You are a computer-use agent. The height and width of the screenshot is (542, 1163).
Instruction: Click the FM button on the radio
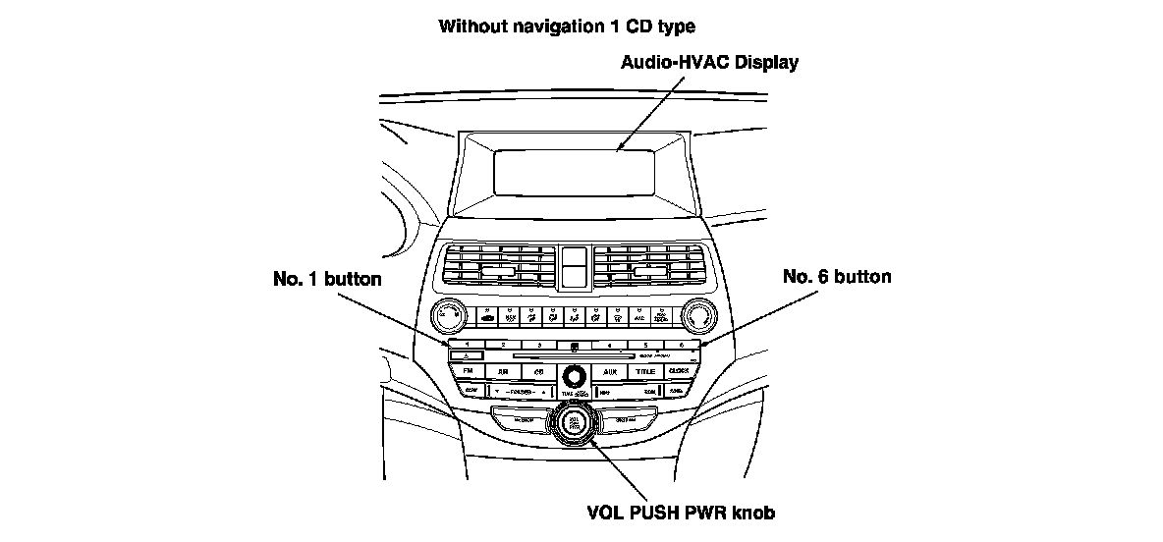(x=467, y=372)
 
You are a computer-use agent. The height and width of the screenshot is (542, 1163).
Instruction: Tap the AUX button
(x=609, y=372)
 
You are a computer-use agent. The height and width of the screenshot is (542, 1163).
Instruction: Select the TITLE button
(x=644, y=372)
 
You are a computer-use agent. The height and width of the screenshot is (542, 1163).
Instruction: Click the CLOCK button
(x=679, y=372)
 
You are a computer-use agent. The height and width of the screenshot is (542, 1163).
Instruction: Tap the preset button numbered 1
(x=467, y=346)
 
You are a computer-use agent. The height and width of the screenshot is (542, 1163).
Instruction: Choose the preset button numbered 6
(x=680, y=346)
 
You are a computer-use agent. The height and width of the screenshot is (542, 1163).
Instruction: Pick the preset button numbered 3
(x=538, y=346)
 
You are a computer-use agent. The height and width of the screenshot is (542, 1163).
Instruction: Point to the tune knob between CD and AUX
(x=574, y=374)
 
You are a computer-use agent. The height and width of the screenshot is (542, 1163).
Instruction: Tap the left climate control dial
(x=447, y=315)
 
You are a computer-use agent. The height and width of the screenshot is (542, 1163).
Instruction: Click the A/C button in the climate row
(x=639, y=316)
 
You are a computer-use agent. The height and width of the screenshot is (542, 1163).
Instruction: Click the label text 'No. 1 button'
(x=326, y=279)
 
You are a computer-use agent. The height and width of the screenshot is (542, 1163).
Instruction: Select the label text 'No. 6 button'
(x=837, y=277)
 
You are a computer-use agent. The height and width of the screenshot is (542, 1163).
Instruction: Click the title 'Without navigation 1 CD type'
(x=573, y=26)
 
